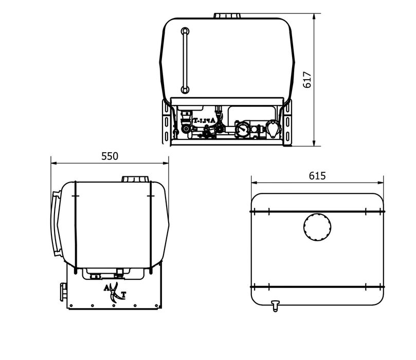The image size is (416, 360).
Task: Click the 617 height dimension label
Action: tap(308, 80)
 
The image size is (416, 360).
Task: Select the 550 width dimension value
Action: tap(110, 156)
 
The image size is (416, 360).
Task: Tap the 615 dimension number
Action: tap(317, 175)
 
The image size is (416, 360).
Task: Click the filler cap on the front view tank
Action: tap(228, 16)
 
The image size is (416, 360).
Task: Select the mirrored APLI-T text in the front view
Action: tap(204, 120)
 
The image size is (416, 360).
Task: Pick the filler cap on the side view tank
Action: tap(135, 179)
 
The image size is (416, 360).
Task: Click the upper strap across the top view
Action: tap(317, 211)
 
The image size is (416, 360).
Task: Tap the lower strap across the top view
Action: tap(317, 286)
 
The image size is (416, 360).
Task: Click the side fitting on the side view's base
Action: tap(63, 292)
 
